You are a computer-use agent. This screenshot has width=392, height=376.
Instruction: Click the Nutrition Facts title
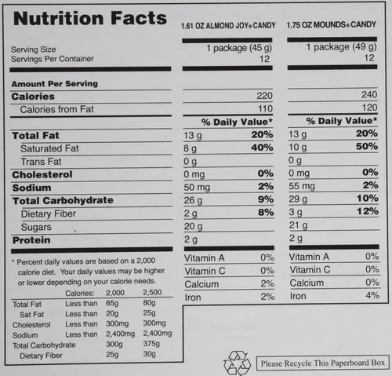coord(90,18)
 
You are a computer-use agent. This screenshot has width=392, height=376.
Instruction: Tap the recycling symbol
coord(237,363)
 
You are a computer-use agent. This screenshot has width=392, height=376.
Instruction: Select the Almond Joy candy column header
coord(228,26)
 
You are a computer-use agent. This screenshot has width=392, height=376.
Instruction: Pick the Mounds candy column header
coord(332,24)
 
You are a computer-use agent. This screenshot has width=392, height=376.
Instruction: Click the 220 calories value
coord(264,96)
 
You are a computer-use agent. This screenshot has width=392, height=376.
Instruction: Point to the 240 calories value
coord(369,94)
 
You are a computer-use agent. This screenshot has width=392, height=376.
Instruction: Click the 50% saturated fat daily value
coord(367,146)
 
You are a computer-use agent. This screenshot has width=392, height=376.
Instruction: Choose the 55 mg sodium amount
coord(302,186)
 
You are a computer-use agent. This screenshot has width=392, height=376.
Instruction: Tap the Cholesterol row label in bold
coord(42,174)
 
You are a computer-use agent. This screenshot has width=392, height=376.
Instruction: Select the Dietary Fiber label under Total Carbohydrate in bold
coord(49,214)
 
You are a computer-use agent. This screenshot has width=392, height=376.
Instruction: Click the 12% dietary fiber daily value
coord(368,211)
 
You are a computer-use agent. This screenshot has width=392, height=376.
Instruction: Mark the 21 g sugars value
coord(298,225)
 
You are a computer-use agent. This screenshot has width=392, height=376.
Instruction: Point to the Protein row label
coord(31,240)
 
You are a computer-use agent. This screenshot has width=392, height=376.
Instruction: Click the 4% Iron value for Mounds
coord(372,295)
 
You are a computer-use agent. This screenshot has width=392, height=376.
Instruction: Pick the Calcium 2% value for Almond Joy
coord(267,283)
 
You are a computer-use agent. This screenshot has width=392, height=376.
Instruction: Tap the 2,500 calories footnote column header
coord(152,292)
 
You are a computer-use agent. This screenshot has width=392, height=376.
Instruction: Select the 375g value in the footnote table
coord(151,344)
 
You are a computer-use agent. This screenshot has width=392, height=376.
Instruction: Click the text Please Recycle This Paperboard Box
coord(323,363)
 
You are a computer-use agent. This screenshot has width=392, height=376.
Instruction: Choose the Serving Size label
coord(34,49)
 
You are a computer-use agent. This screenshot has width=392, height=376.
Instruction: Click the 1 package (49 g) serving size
coord(342,47)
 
